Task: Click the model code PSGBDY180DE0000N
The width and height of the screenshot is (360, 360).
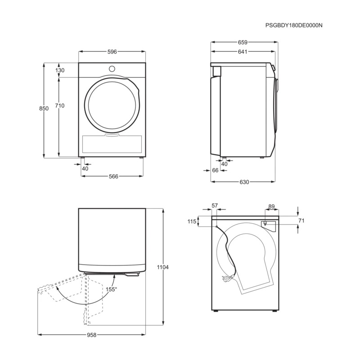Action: point(294,26)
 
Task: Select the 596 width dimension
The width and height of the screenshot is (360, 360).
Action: point(112,52)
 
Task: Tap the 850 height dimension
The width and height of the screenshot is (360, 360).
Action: point(44,109)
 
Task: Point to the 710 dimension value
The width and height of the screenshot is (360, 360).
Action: point(60,106)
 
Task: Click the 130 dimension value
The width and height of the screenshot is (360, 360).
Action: point(60,70)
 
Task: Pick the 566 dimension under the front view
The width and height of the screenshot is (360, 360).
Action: point(113,176)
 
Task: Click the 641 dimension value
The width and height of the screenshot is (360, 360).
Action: point(242,52)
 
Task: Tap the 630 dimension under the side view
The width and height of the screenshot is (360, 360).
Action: point(243,182)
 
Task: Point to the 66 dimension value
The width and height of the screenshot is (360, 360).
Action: point(215,170)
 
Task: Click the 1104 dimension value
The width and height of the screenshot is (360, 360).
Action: point(162,267)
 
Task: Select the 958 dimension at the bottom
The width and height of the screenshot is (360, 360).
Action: point(91,335)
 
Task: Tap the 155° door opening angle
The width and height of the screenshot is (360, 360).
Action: point(111,289)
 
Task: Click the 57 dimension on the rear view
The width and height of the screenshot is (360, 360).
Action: point(215,206)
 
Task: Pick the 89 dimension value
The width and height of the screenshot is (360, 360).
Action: point(271,207)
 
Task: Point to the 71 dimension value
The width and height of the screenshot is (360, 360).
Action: point(301,221)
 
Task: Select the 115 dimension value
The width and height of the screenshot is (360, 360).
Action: point(192,221)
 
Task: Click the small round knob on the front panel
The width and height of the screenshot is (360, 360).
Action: point(112,68)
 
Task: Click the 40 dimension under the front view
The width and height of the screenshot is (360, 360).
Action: point(85,168)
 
